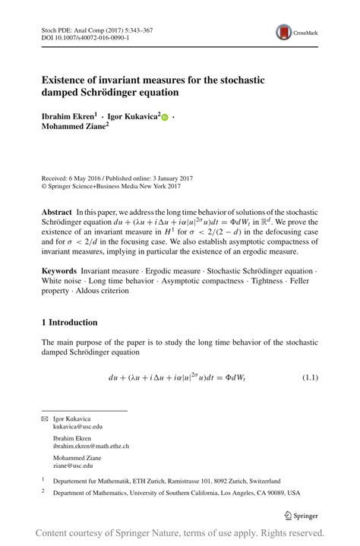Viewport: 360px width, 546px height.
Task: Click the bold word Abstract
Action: (x=57, y=212)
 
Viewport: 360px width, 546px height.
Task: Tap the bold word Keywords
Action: (x=58, y=270)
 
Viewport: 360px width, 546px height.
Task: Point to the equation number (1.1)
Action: (x=309, y=377)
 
